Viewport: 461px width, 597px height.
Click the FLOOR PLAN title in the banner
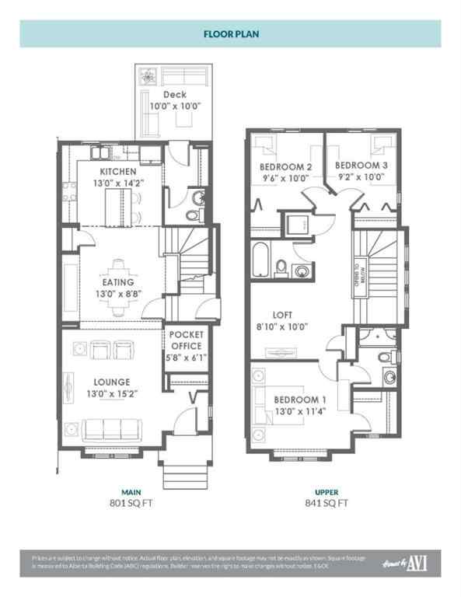point(230,34)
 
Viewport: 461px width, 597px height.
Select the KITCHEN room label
point(118,172)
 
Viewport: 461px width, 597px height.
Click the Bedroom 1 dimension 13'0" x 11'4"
point(300,414)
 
